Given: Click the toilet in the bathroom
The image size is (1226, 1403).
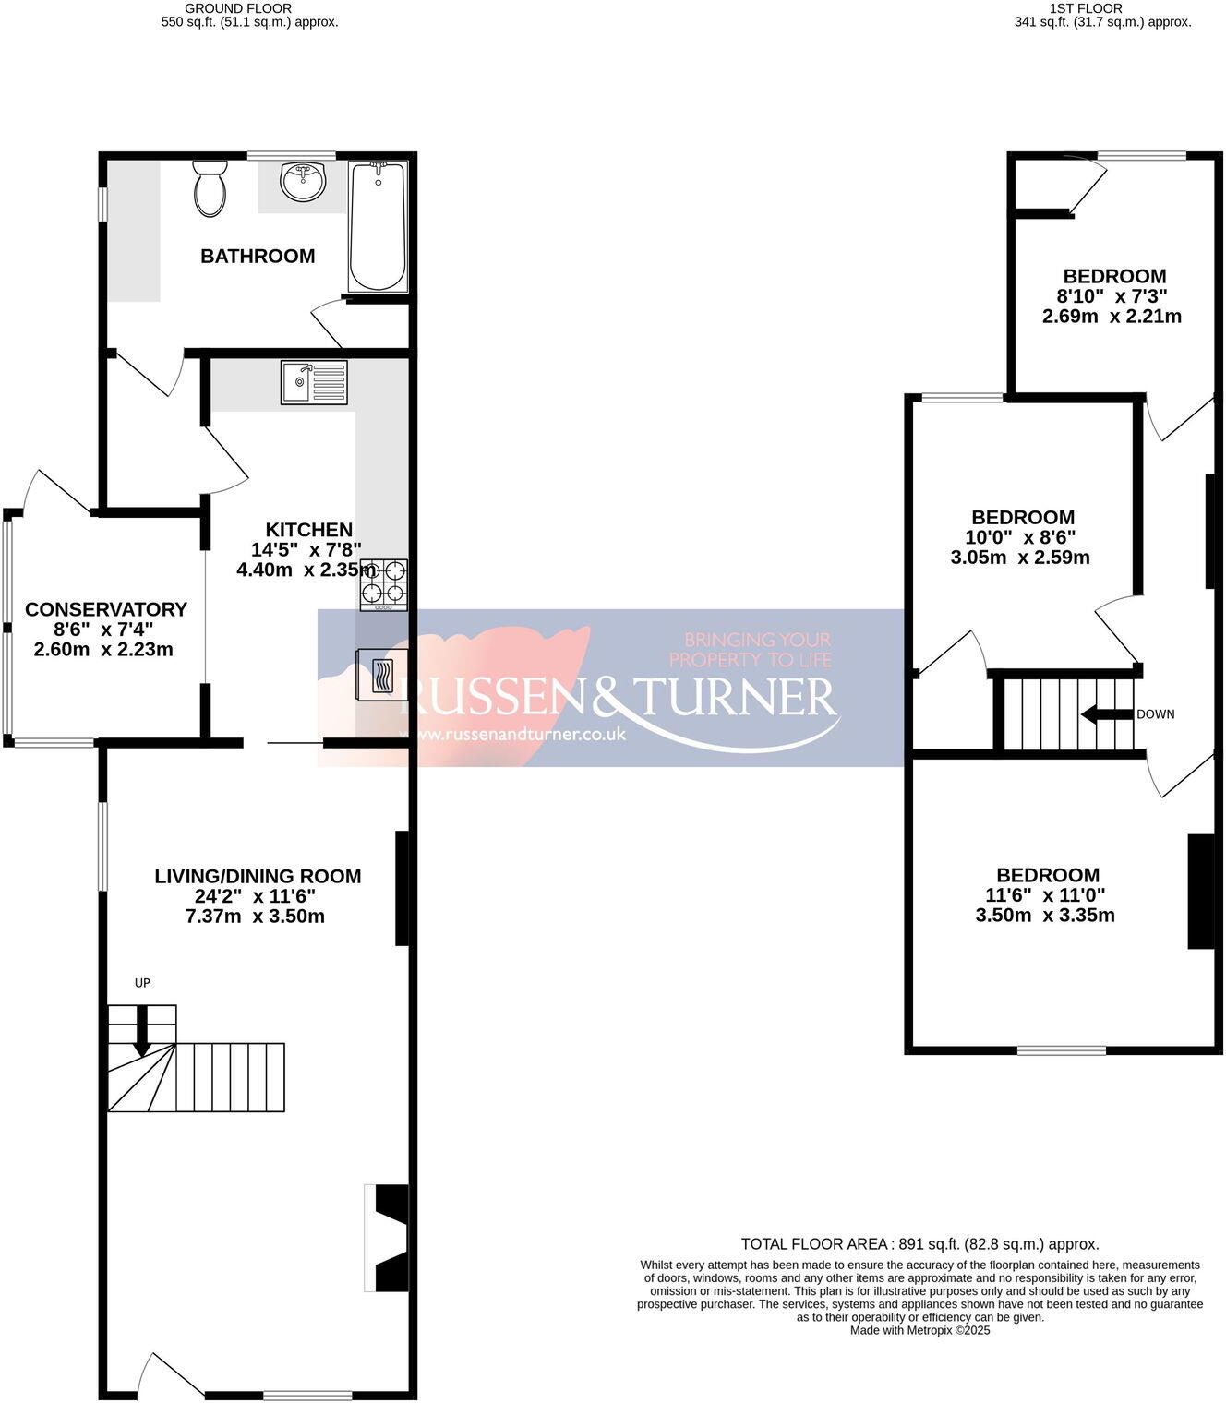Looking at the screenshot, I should click(210, 188).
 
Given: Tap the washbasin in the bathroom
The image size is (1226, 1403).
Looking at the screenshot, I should click(303, 182).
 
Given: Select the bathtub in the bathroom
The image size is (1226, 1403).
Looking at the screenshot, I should click(377, 226).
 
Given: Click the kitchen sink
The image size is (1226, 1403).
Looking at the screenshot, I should click(314, 382).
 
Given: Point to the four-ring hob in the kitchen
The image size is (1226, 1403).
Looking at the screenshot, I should click(383, 584).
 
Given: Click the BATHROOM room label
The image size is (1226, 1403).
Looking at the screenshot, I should click(258, 257).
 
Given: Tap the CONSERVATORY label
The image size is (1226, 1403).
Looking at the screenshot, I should click(105, 609).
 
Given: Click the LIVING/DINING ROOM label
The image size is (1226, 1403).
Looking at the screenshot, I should click(258, 876).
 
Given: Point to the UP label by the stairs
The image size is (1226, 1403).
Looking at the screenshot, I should click(142, 983).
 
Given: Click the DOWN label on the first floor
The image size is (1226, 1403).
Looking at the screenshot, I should click(1155, 714).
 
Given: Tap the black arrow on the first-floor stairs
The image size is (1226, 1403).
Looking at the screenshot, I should click(1106, 714).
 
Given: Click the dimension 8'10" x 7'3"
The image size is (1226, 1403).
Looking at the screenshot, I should click(1112, 296).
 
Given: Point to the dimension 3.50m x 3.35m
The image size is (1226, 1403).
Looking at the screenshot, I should click(1044, 916).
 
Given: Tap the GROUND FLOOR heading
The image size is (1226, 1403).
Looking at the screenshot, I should click(238, 8).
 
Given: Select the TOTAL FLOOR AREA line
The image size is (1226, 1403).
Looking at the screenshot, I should click(919, 1244).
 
